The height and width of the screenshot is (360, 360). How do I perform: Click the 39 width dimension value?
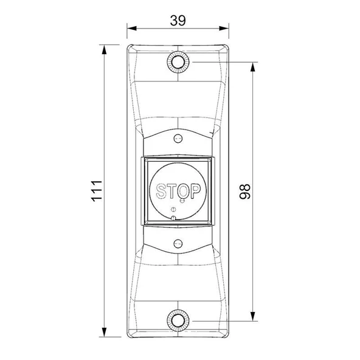[178, 21]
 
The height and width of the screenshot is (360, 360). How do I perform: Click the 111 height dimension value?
[97, 191]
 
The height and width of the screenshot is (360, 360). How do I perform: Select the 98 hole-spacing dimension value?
[244, 192]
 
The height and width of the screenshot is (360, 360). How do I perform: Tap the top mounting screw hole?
[178, 62]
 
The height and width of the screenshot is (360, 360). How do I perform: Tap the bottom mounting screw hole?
[178, 320]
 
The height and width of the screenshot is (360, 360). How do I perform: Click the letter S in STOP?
[161, 191]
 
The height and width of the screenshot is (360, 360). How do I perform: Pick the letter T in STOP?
[171, 191]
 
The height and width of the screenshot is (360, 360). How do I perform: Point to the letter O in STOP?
[184, 191]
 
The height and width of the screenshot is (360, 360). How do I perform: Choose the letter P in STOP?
[196, 191]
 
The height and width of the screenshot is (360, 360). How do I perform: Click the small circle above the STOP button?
[178, 139]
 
